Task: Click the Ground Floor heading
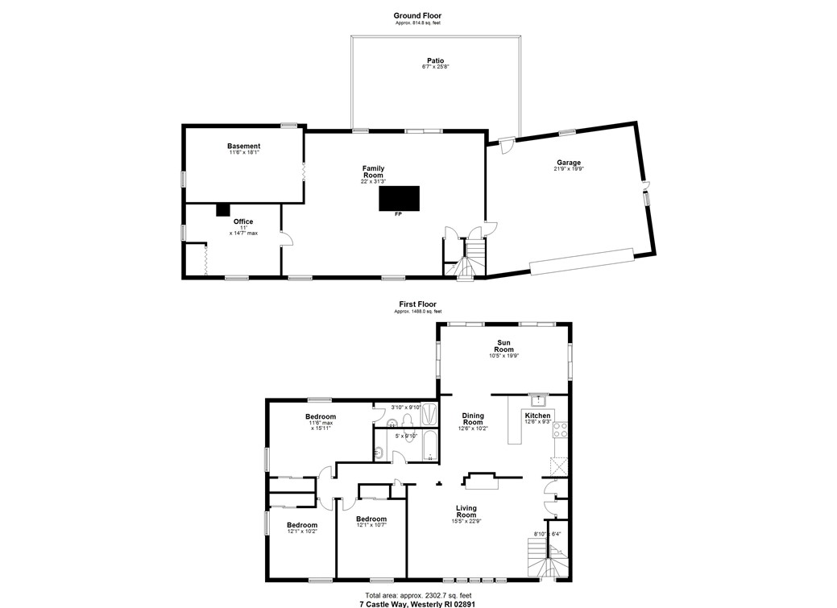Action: pos(416,15)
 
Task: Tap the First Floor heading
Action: pos(416,304)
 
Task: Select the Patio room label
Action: pos(435,60)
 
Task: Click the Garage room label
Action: pos(568,163)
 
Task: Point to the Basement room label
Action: pos(243,146)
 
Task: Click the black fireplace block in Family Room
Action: pos(400,198)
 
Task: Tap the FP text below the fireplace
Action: pos(398,215)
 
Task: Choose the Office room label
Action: pos(243,221)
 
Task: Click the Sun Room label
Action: pos(503,345)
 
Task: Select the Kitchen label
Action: pos(537,416)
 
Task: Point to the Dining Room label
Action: pos(473,419)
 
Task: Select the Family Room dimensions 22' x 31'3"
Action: pos(373,181)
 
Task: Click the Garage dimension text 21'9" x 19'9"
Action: pos(568,169)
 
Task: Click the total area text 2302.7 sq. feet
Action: pos(417,595)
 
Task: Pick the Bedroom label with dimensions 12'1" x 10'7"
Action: pos(371,519)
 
